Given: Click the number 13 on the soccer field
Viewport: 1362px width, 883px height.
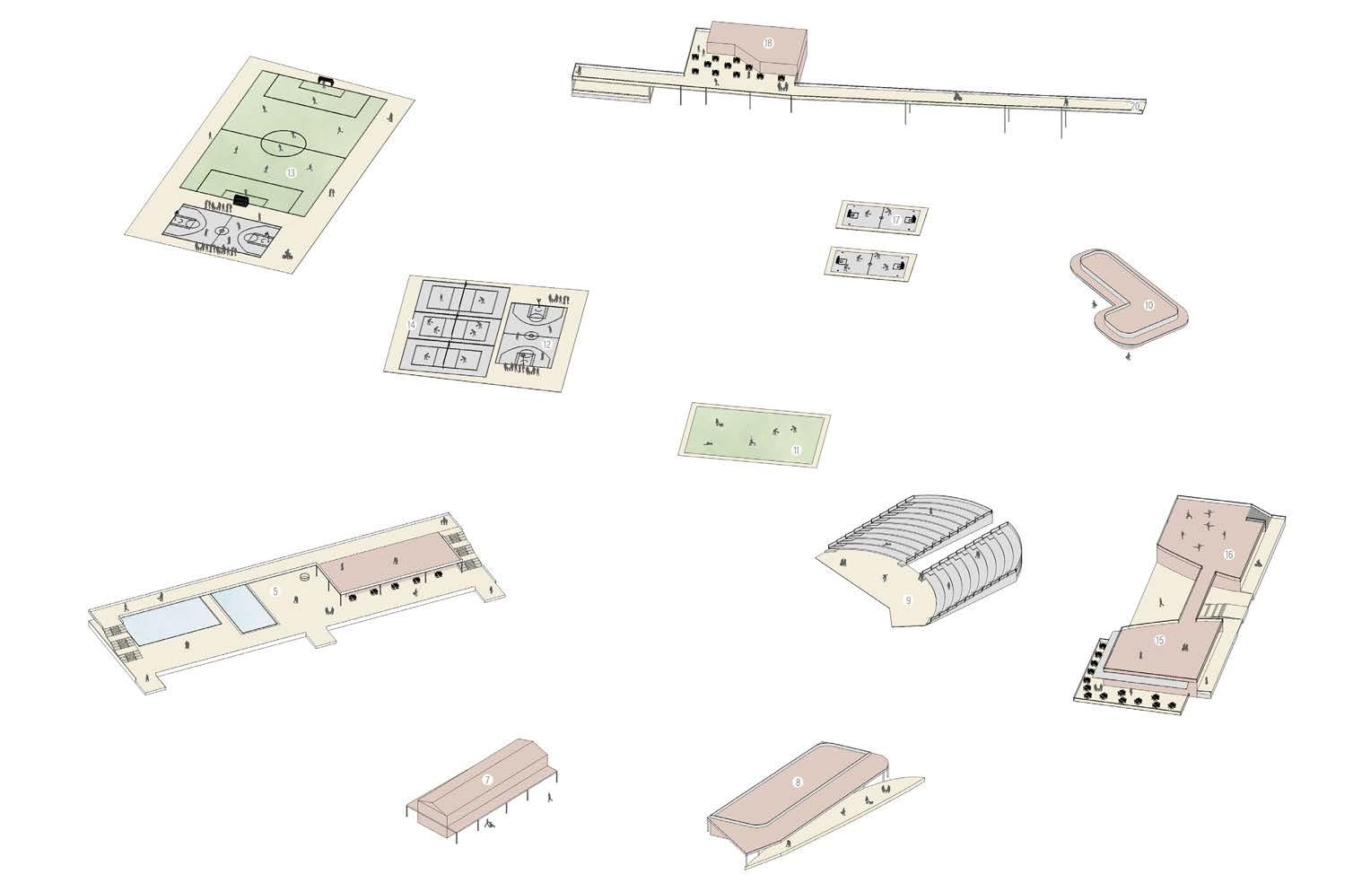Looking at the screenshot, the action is (x=291, y=172).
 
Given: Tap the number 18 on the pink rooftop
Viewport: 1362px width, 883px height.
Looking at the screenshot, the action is (x=767, y=43).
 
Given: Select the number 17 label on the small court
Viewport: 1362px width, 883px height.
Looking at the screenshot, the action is (x=895, y=220).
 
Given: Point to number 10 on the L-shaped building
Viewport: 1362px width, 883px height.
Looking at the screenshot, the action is (x=1148, y=305).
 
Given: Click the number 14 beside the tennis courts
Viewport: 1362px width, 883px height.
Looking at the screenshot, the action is (x=411, y=324).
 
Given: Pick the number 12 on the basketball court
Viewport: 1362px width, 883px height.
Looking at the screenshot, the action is (x=546, y=344).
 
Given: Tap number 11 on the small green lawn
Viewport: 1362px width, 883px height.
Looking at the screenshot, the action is (x=795, y=450).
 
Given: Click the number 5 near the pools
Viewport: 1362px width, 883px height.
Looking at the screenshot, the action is (x=275, y=591).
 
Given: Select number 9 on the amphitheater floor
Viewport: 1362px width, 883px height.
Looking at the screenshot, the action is (x=908, y=600).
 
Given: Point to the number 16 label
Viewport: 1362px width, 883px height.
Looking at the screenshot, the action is (x=1228, y=555).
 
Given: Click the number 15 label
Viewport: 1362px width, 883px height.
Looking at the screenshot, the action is (x=1159, y=640).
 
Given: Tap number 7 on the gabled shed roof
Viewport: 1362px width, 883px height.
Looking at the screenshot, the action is (x=487, y=780).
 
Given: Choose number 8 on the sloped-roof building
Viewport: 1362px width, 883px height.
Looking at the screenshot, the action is (x=798, y=782).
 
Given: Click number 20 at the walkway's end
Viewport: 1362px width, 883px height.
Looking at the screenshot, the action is (x=1136, y=107).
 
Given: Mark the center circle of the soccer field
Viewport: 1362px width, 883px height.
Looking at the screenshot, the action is (x=284, y=142).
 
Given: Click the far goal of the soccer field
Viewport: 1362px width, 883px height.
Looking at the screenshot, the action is (x=328, y=83).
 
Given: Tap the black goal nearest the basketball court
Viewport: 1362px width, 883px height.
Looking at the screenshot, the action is (x=240, y=200).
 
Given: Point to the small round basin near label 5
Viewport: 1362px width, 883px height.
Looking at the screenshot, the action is (x=305, y=578).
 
